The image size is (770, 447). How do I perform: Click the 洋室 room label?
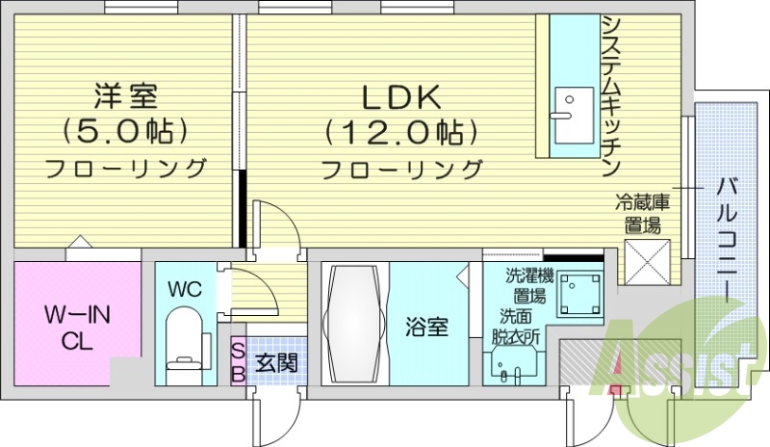pos(124,95)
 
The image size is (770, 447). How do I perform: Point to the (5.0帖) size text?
pos(124,130)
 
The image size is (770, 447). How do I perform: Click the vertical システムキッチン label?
pos(610,96)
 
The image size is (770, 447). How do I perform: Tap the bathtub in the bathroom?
pos(355,326)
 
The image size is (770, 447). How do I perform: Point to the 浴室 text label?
pos(427,328)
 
